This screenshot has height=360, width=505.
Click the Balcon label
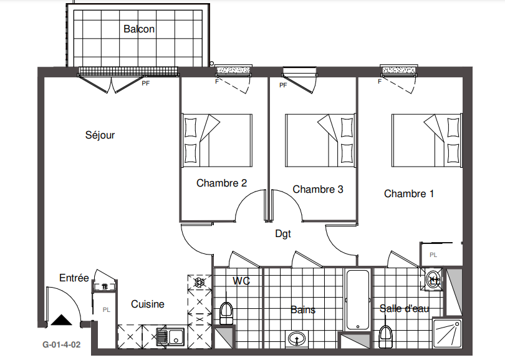[139, 29]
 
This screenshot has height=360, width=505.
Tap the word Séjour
[100, 135]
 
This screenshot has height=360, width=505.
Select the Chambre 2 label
[221, 183]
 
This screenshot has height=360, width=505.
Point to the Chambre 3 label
[318, 189]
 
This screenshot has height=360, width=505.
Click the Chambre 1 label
[409, 193]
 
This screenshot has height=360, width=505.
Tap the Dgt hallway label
[283, 234]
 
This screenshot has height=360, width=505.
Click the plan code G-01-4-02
[62, 345]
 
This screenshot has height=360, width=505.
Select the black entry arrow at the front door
[62, 320]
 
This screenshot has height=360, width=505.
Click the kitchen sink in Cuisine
[170, 337]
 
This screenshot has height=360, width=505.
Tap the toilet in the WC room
[226, 313]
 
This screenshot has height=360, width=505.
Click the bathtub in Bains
[357, 299]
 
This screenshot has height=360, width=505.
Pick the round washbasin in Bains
[297, 338]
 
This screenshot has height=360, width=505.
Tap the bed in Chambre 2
[217, 140]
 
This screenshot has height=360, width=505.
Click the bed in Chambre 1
[427, 140]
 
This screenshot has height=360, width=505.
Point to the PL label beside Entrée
[106, 310]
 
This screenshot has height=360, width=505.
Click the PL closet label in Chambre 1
[433, 255]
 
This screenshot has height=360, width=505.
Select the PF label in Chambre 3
[283, 85]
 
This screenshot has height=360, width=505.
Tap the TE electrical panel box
[105, 286]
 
